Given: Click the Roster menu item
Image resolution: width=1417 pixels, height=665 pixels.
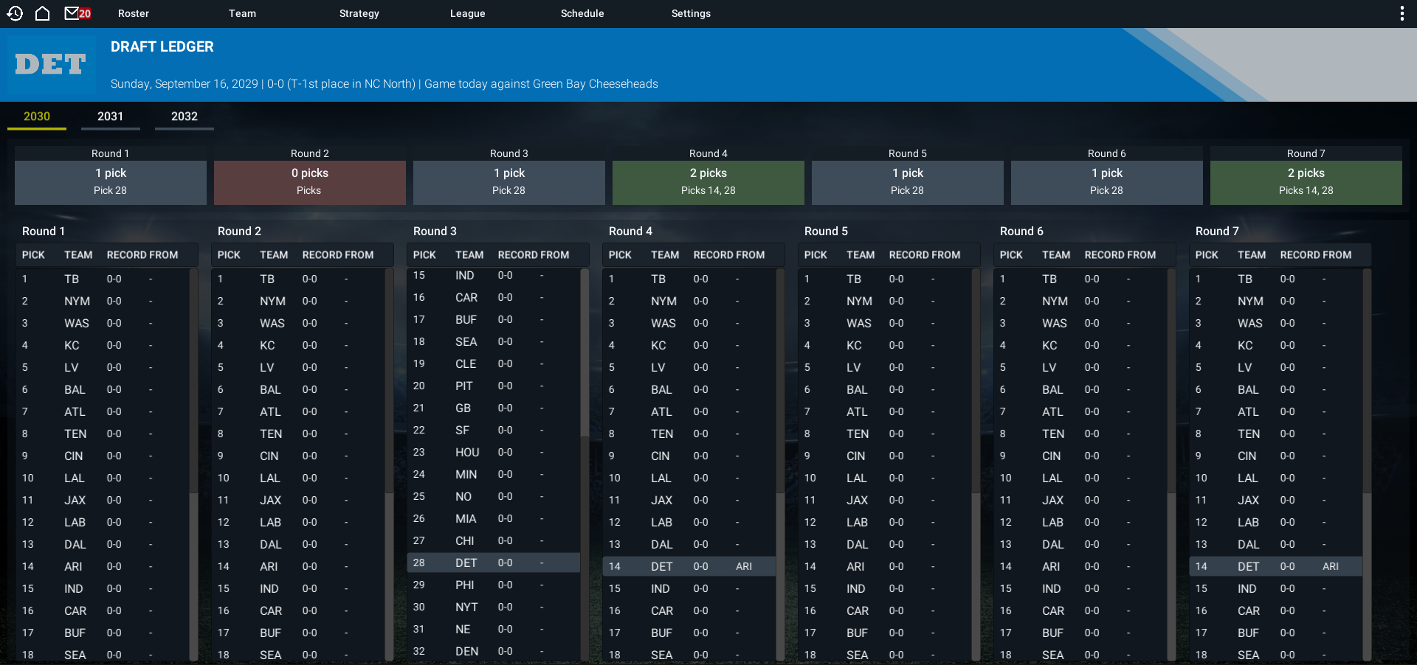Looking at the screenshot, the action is click(x=134, y=13).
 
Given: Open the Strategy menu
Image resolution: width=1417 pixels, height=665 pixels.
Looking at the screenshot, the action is click(x=359, y=13).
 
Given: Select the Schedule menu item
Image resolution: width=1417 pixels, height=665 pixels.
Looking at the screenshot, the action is click(x=582, y=13).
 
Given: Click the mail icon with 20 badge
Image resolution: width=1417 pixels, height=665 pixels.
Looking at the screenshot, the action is click(x=77, y=13).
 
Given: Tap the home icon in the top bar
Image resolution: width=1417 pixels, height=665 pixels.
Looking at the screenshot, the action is click(x=43, y=13).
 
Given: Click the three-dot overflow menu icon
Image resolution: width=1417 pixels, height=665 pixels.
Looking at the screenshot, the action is click(x=1402, y=13).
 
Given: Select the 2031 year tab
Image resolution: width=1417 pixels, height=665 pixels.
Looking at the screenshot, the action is click(x=111, y=116).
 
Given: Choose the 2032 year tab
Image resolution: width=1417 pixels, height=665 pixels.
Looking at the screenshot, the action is click(x=185, y=116).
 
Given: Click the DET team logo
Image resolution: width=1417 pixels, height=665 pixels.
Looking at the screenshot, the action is click(x=50, y=64).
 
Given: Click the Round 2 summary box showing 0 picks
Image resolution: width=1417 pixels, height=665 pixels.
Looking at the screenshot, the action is click(x=310, y=182).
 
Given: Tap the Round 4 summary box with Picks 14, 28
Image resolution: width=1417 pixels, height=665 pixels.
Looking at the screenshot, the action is click(x=708, y=182).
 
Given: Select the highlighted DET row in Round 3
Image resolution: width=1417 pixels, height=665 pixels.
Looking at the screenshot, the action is click(x=493, y=563).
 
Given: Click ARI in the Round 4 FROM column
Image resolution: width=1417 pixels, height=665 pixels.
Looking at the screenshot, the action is click(x=744, y=566).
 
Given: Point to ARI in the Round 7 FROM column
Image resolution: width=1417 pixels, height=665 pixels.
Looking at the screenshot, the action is click(x=1331, y=566).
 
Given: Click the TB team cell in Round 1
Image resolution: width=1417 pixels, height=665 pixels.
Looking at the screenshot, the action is click(x=72, y=279).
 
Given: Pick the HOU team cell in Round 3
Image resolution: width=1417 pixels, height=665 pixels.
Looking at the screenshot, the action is click(x=467, y=452).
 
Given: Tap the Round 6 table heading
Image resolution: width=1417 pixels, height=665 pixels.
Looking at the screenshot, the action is click(x=1021, y=231).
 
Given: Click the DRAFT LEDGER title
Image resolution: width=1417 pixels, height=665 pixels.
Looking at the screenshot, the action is click(x=162, y=46).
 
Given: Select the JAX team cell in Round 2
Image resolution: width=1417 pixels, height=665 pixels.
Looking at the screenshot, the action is click(x=270, y=500).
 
